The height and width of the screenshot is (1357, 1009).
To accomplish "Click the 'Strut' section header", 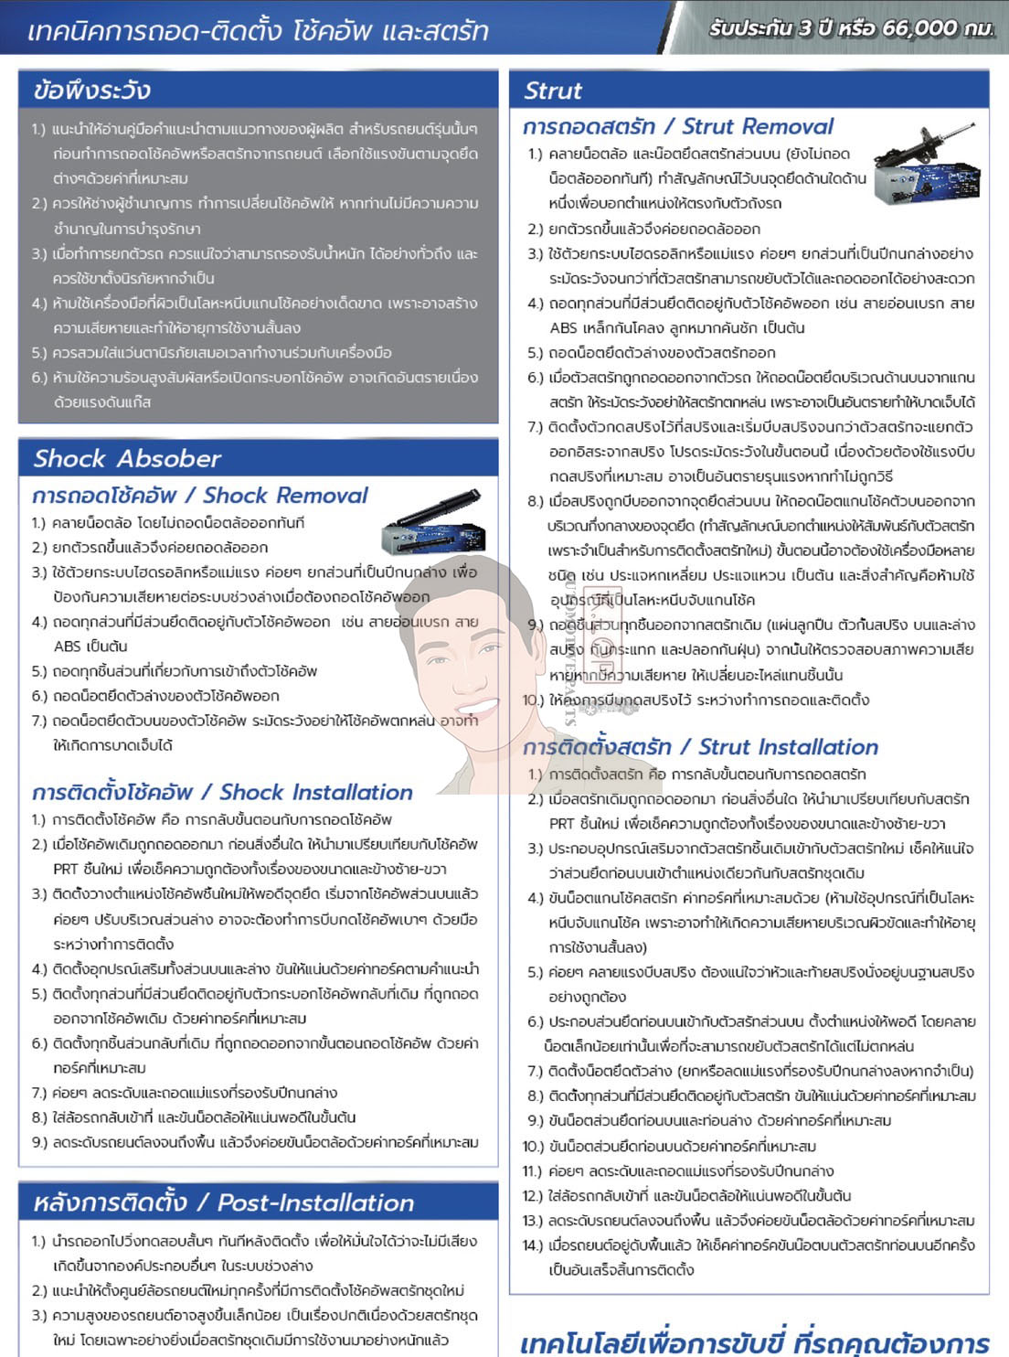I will [553, 91].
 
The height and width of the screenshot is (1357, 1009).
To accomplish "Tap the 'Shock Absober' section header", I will [127, 458].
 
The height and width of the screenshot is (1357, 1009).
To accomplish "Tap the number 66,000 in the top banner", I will [920, 28].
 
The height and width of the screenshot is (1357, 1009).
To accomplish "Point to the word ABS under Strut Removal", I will [564, 328].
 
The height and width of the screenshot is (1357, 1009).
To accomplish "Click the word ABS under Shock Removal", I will [68, 646].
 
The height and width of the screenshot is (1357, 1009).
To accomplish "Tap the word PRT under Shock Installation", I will [65, 870].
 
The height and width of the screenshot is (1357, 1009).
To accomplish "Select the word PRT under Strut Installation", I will [563, 824].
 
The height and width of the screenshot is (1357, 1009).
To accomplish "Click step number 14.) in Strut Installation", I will [532, 1245].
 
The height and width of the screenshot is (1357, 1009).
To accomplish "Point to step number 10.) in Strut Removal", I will [532, 700].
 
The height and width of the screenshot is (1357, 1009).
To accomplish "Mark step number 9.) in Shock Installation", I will [38, 1142].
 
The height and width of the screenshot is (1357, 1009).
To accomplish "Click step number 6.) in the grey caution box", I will [38, 378].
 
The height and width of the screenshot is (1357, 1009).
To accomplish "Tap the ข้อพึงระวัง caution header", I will [91, 91].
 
